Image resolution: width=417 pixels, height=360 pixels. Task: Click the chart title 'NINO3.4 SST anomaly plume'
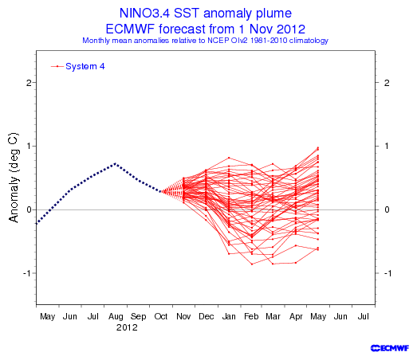(205, 14)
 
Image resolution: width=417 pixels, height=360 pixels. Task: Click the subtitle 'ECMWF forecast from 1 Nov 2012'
(205, 29)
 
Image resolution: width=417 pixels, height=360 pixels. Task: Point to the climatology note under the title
(205, 41)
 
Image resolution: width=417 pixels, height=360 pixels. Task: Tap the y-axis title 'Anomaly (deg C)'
(14, 177)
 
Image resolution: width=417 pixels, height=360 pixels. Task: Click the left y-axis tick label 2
(29, 83)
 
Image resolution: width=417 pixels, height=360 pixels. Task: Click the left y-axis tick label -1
(26, 273)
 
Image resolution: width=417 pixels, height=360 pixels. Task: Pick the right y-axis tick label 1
(387, 146)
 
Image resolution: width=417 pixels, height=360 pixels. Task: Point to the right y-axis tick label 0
(387, 209)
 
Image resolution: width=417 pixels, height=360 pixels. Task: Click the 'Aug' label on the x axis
(116, 317)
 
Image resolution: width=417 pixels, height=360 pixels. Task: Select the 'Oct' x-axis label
(161, 316)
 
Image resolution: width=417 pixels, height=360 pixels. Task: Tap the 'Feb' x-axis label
(251, 316)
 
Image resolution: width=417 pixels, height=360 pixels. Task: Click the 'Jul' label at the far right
(363, 316)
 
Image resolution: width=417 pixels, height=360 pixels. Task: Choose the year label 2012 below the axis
(127, 327)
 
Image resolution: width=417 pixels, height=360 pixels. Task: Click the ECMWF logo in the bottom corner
(390, 348)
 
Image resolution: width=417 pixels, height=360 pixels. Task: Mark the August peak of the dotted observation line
(115, 163)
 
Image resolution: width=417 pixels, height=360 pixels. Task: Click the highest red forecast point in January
(229, 158)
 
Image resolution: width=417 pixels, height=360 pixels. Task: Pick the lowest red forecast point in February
(252, 264)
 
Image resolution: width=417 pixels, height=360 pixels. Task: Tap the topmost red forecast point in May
(318, 147)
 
